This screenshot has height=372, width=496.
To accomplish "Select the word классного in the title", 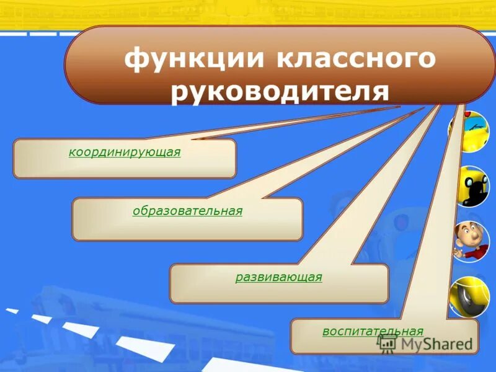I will [x=353, y=60].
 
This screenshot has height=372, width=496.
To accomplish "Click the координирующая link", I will [x=125, y=152].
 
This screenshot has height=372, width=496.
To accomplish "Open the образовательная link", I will [x=187, y=211].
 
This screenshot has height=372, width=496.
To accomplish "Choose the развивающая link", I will [x=278, y=277].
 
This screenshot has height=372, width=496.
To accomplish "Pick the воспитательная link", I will [x=373, y=331].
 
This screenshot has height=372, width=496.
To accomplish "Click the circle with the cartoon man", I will [x=469, y=241].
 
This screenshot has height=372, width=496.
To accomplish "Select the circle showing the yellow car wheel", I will [x=469, y=296].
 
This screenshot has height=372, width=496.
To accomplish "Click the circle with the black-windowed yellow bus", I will [x=469, y=186].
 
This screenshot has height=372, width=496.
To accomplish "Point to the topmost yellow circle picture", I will [x=469, y=131].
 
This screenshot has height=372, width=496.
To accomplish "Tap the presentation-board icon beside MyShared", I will [x=388, y=343].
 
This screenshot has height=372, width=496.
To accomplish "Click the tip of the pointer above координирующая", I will [x=397, y=107].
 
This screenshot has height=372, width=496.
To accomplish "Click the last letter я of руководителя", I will [x=381, y=91].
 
